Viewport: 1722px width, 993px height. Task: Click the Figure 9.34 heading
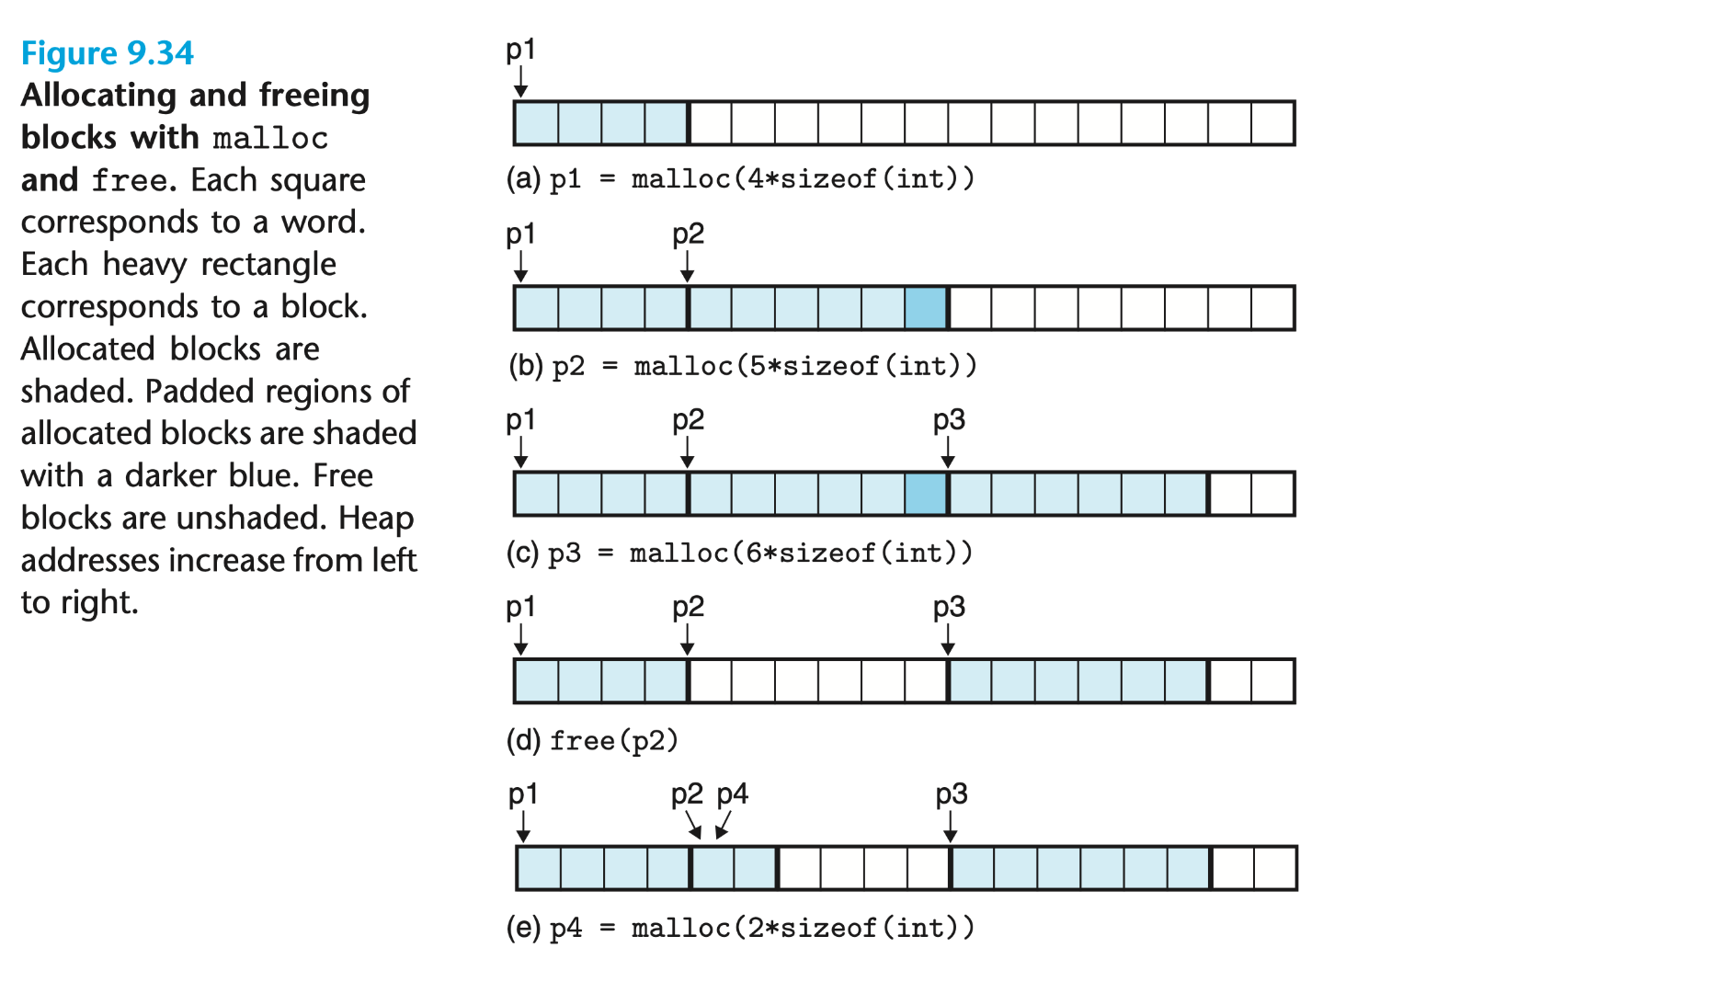[107, 53]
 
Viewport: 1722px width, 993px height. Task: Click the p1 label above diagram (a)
[520, 50]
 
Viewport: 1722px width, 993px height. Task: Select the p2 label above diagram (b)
[688, 234]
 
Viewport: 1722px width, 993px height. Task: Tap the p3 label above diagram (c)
[949, 420]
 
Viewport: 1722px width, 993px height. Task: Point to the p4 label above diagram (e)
[732, 793]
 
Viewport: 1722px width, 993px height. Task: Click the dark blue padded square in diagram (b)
[926, 308]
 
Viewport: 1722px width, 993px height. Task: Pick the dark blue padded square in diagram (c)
[926, 494]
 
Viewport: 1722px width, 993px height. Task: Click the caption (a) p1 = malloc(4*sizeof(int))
[740, 178]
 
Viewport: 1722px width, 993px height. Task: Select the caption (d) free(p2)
[592, 740]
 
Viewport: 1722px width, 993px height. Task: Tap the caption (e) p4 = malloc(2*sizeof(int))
[740, 928]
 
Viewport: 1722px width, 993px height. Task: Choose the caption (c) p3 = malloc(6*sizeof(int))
[739, 553]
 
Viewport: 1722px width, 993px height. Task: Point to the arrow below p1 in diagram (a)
[520, 83]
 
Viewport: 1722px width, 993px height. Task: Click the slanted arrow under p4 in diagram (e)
[723, 825]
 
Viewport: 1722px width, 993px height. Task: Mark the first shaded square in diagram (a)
[536, 123]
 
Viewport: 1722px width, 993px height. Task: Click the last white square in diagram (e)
[1274, 868]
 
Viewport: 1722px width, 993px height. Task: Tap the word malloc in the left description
[270, 138]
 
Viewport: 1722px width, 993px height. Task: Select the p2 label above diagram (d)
[688, 607]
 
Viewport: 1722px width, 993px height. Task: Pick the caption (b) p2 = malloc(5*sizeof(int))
[742, 366]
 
